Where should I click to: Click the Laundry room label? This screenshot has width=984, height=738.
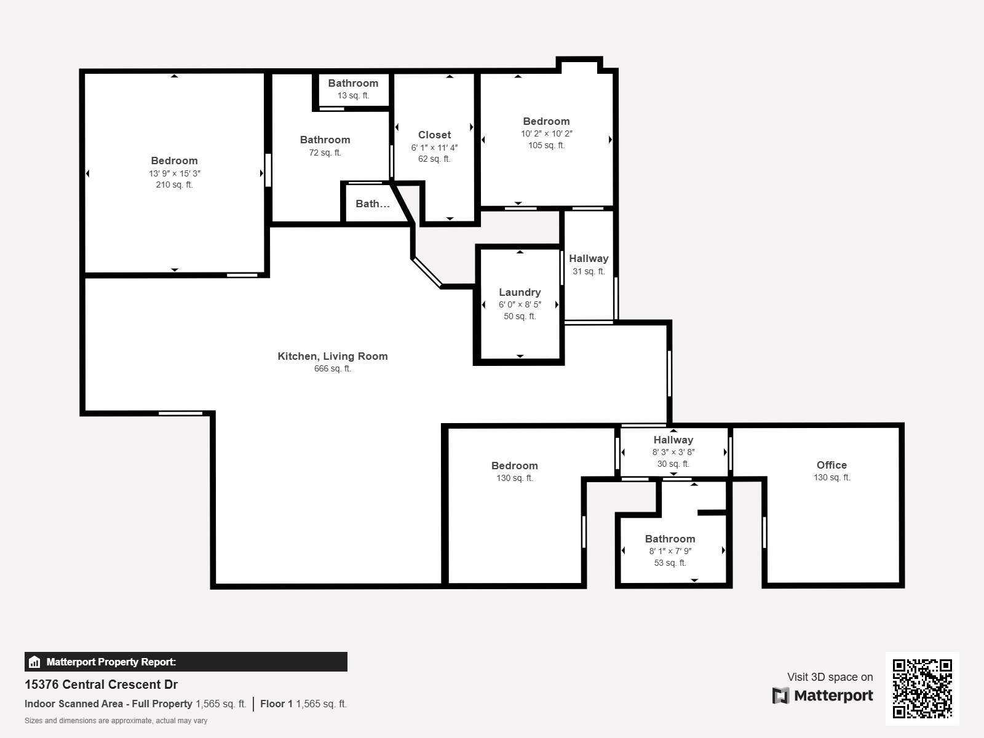point(520,292)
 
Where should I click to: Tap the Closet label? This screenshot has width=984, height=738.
point(434,135)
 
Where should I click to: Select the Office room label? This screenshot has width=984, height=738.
point(831,465)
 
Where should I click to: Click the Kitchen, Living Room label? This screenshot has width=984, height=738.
point(332,356)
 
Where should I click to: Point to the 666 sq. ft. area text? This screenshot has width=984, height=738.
point(332,369)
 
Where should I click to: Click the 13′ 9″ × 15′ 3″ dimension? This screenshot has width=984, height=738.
point(174,173)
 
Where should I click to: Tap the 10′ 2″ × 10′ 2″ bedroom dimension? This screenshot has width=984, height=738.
point(546,133)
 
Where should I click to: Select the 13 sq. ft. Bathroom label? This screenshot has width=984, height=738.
point(352,83)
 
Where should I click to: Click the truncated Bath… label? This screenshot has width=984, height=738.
point(372,204)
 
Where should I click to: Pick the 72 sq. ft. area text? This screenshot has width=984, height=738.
point(325,153)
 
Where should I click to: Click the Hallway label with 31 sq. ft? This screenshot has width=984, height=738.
point(589,258)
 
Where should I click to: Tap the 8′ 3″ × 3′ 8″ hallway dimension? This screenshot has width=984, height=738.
point(673,452)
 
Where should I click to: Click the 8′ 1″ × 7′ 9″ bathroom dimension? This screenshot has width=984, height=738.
point(670,551)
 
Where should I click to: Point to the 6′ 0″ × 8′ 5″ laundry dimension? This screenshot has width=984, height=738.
point(520,304)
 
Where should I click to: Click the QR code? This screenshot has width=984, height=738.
point(922,688)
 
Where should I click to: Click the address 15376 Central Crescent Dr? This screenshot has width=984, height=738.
point(101,684)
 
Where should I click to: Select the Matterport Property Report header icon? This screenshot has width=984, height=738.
point(34,662)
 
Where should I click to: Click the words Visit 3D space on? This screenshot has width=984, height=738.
point(830,677)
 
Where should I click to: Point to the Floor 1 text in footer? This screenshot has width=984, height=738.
point(276,704)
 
